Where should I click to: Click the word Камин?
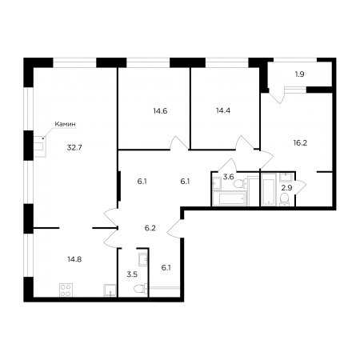[65, 124]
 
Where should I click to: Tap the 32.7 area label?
[74, 147]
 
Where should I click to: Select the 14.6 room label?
[160, 111]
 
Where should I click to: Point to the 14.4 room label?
[223, 110]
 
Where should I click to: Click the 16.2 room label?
[300, 143]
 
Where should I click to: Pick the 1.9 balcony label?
[300, 74]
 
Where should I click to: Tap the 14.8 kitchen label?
[74, 259]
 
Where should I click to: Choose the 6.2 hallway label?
[150, 228]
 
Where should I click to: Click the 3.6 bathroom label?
[229, 177]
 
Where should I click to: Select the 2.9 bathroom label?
[287, 188]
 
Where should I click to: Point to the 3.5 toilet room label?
[132, 274]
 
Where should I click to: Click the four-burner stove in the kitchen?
[66, 290]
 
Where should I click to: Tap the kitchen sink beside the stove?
[110, 290]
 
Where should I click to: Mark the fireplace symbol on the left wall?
[40, 146]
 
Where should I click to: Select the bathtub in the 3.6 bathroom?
[230, 198]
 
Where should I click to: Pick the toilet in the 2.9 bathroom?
[285, 199]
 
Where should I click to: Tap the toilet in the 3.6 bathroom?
[241, 183]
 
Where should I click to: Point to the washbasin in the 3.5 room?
[142, 258]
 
